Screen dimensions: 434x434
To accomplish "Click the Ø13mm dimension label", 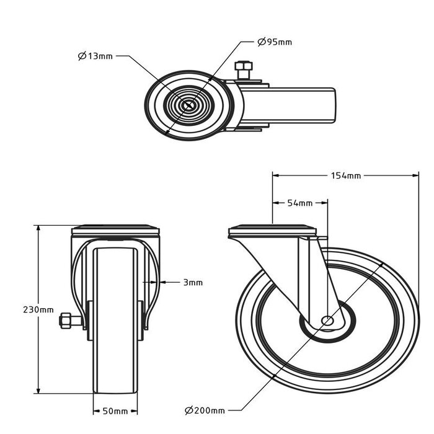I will click(x=95, y=56).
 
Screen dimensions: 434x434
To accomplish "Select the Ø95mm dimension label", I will click(x=274, y=42).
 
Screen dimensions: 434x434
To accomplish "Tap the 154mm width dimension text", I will click(x=346, y=176).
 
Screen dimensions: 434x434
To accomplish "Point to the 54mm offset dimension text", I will click(x=299, y=203).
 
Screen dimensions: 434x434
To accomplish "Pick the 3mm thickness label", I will click(x=193, y=282).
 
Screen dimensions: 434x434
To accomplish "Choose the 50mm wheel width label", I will click(x=115, y=411).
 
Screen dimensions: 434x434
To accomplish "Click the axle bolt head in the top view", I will click(x=243, y=66).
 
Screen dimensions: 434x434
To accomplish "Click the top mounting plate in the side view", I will click(x=273, y=232).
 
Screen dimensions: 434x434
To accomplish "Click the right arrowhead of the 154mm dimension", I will click(x=415, y=175).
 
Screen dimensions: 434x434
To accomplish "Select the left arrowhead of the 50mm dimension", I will click(x=96, y=411).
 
